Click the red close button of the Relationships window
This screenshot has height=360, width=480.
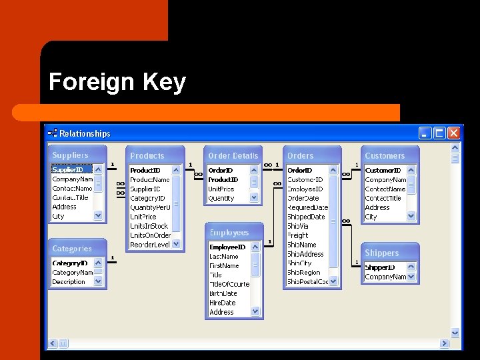[454, 133]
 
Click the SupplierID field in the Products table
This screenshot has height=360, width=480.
[145, 189]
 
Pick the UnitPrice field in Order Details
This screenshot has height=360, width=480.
[221, 189]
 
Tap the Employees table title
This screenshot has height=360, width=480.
[229, 233]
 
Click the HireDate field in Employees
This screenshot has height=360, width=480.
[223, 303]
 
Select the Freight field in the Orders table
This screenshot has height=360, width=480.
[298, 235]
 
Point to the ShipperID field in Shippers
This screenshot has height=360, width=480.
[380, 267]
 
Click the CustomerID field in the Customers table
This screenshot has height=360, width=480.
[383, 170]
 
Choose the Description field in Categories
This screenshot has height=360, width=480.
[69, 281]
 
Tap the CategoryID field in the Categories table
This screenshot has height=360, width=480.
[70, 263]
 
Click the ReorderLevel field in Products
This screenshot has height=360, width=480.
[150, 245]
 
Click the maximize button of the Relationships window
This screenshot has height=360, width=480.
[439, 133]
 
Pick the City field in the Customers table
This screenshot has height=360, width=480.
[371, 217]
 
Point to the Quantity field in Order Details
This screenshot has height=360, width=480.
[221, 198]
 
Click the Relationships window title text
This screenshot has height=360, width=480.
[85, 133]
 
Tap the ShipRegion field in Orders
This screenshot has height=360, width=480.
[304, 272]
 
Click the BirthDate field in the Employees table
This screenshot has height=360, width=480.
[223, 293]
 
